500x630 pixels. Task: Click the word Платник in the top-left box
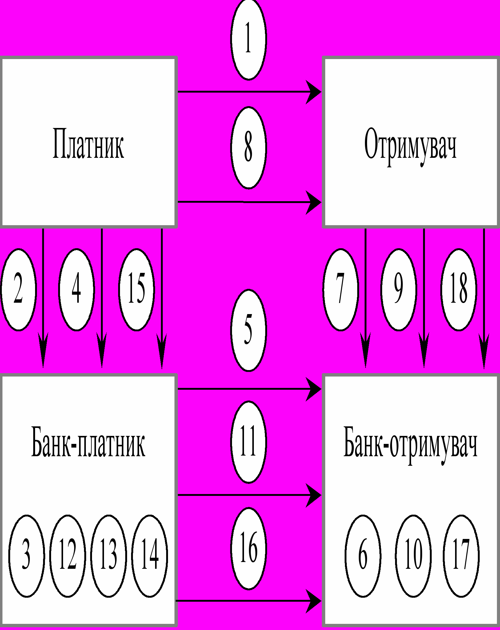[x=88, y=144]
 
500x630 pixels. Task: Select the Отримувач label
[x=410, y=145]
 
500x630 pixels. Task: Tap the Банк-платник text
[x=88, y=442]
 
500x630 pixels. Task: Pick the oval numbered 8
[x=248, y=147]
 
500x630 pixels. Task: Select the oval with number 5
[x=248, y=330]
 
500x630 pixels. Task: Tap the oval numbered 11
[x=248, y=442]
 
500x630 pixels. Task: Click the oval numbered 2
[x=18, y=289]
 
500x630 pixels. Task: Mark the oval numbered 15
[x=136, y=289]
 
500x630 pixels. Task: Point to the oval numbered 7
[x=341, y=289]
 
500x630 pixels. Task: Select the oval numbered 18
[x=458, y=289]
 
